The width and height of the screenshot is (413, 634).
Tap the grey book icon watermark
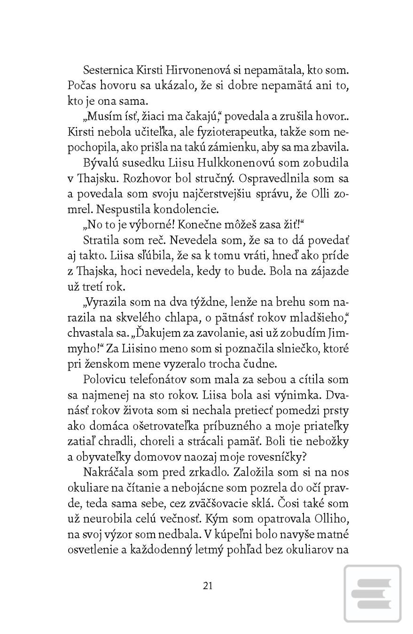373,593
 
